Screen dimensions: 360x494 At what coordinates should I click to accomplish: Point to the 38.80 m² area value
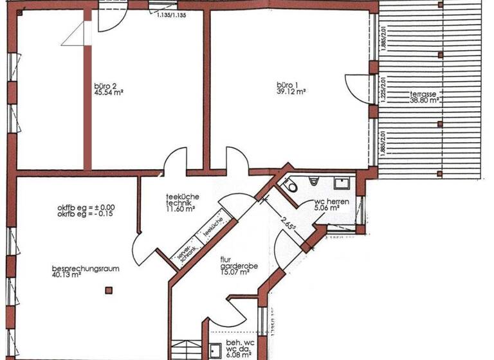point(425,101)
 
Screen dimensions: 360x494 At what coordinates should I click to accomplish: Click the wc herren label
point(332,202)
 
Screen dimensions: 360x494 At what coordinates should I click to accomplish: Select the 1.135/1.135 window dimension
point(170,14)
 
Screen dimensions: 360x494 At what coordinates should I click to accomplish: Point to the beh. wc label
point(240,344)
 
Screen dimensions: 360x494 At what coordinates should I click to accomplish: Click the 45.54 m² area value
point(108,91)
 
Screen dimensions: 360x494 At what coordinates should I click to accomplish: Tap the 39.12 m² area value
point(291,91)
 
